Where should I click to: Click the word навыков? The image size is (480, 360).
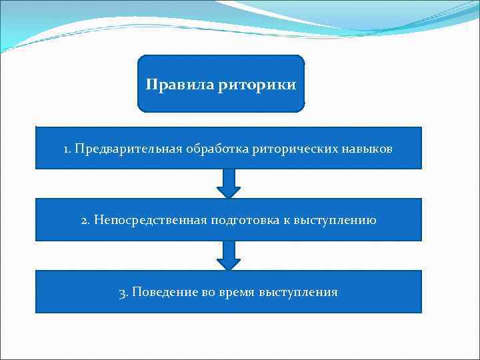(367, 148)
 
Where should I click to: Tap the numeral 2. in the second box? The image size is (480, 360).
(85, 220)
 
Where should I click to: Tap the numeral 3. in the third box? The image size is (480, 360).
(123, 293)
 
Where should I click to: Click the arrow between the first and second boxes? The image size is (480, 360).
(229, 183)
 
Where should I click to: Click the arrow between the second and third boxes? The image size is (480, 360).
(229, 255)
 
